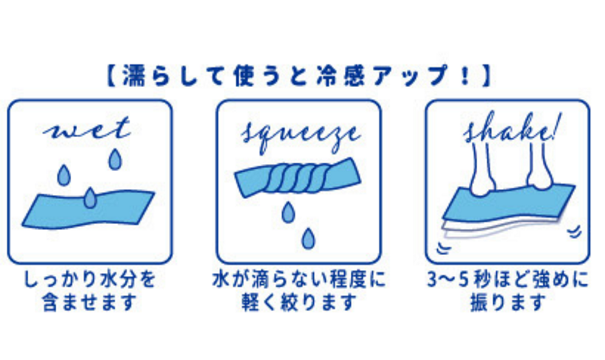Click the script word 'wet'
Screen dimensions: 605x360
pyautogui.click(x=87, y=129)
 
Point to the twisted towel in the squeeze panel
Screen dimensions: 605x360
pyautogui.click(x=298, y=177)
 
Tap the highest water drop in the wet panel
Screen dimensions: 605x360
pyautogui.click(x=115, y=160)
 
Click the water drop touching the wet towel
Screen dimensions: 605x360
pyautogui.click(x=90, y=198)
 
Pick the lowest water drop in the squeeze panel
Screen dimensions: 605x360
pyautogui.click(x=308, y=238)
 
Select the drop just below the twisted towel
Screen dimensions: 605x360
pyautogui.click(x=288, y=213)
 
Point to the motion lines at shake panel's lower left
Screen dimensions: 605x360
pyautogui.click(x=443, y=248)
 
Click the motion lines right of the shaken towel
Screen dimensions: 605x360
pyautogui.click(x=575, y=231)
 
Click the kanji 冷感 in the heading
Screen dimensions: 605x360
pyautogui.click(x=340, y=75)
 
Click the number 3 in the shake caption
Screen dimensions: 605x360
pyautogui.click(x=433, y=280)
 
